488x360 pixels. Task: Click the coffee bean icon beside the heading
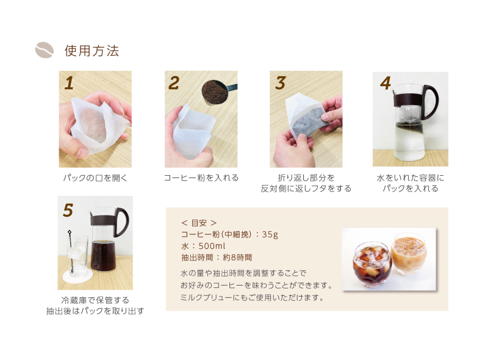coord(44,50)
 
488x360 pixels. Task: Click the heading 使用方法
coord(92,51)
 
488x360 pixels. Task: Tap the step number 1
coord(69,83)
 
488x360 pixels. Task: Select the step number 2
coord(174,83)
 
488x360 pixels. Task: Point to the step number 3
coord(280,83)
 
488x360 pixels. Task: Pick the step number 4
coord(386,83)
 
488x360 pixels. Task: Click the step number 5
coord(68,211)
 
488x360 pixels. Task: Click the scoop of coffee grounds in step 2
coord(215,92)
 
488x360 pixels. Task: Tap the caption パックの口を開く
coord(95,178)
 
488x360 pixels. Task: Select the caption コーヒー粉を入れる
coord(201,178)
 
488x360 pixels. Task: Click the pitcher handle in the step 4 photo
coord(432,101)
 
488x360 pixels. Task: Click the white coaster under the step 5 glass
coord(78,276)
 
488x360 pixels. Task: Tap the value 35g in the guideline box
coord(270,234)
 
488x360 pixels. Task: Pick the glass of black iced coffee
coord(372,264)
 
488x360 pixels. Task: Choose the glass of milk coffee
coord(409,254)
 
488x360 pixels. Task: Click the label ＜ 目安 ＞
coord(199,223)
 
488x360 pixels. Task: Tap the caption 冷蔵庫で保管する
coord(95,300)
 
